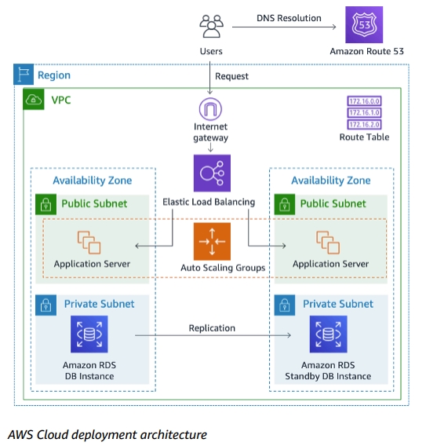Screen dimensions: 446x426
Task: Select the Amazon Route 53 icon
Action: (x=363, y=25)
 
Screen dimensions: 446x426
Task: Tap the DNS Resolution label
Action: (x=289, y=17)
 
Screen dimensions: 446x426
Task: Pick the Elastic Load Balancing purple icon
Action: (x=212, y=173)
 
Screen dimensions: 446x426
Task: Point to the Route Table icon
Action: (x=363, y=113)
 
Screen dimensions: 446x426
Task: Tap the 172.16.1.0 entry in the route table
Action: (x=363, y=113)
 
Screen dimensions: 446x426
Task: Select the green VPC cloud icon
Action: (x=35, y=101)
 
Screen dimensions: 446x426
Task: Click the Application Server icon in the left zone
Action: (x=89, y=243)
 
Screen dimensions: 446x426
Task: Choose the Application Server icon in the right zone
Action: (x=327, y=243)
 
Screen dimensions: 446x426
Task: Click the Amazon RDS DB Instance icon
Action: (x=89, y=334)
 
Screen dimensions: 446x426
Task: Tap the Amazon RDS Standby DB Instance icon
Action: (x=327, y=334)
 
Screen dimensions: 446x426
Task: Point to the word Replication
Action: (x=212, y=327)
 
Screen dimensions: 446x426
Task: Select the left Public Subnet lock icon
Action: (x=46, y=204)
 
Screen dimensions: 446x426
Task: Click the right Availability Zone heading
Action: (x=330, y=181)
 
